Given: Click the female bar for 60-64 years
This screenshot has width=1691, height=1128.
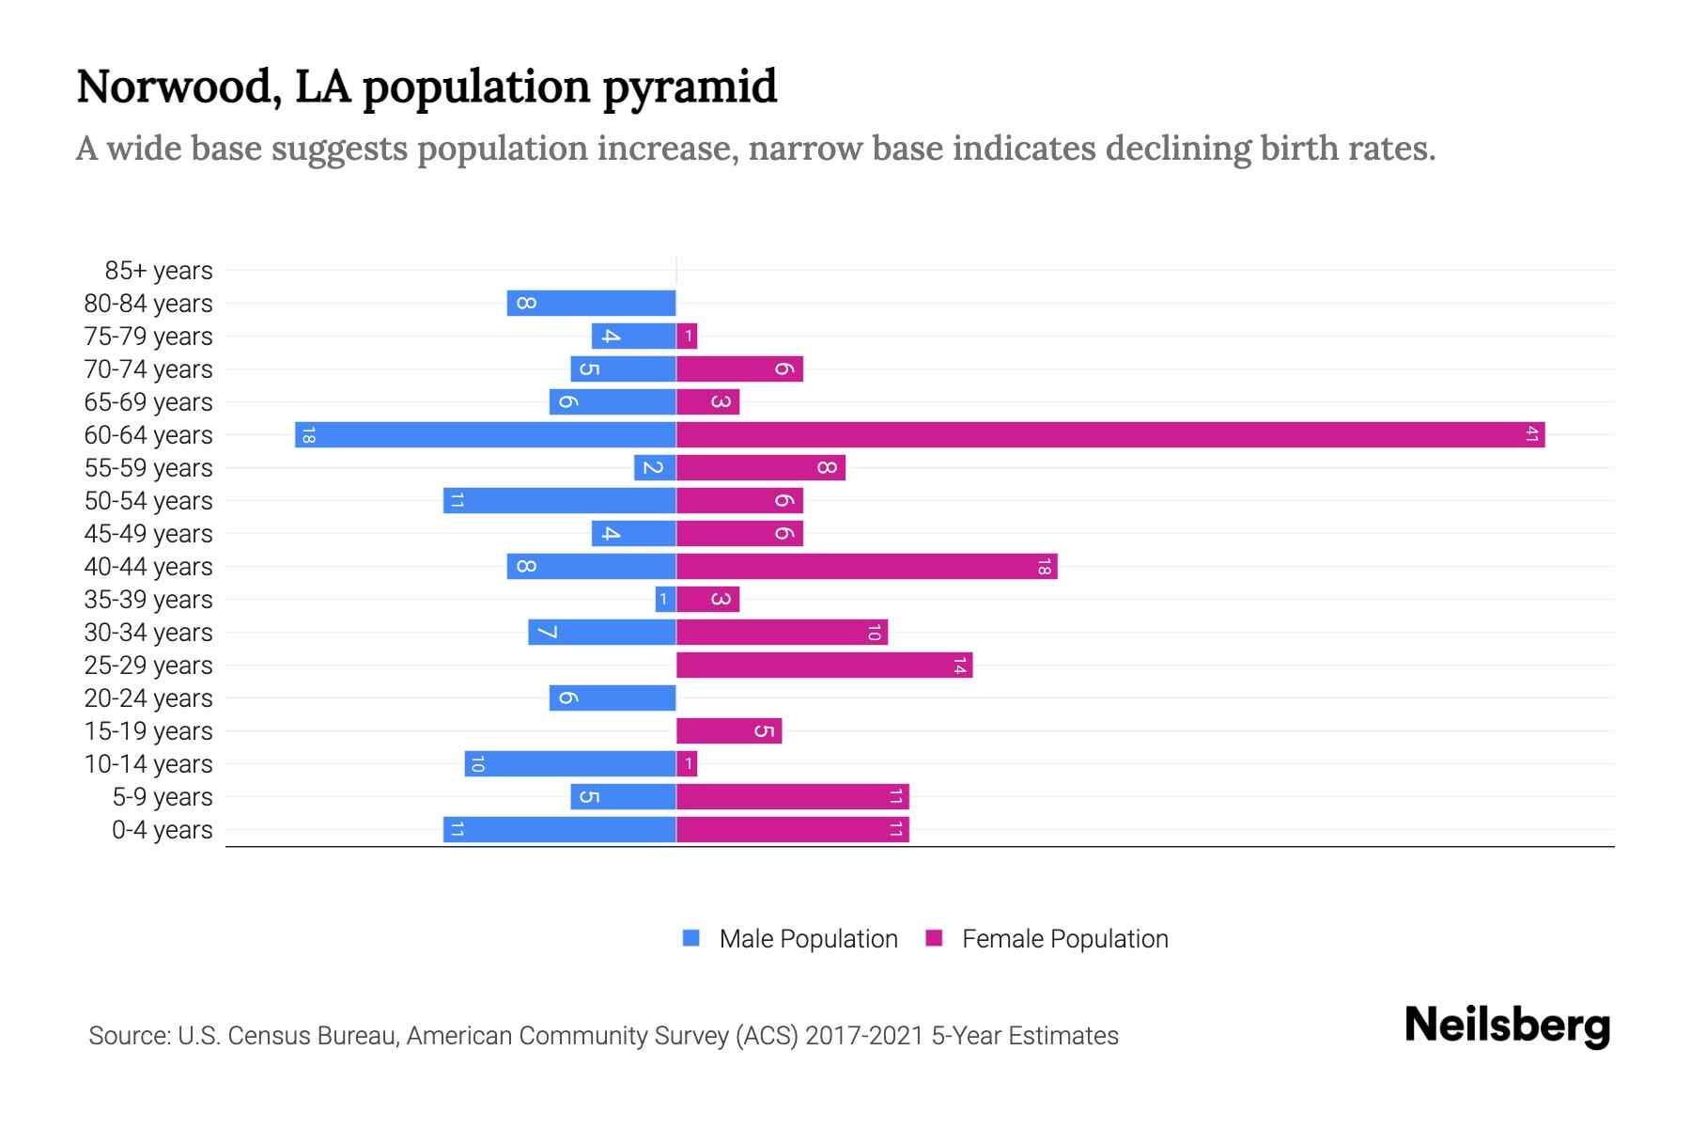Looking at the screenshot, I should click(1109, 435).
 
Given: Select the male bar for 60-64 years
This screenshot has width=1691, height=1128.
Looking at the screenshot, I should click(486, 435).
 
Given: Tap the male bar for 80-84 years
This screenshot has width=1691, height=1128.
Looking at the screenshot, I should click(592, 304).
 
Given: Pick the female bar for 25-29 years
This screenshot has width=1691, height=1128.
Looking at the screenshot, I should click(824, 666).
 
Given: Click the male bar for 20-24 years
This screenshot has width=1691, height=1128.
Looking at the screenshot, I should click(613, 698).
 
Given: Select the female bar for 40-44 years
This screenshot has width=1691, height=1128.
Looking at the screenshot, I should click(866, 567).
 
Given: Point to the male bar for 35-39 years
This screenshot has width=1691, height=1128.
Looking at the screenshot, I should click(665, 600).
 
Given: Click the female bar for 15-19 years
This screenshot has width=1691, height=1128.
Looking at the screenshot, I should click(729, 731).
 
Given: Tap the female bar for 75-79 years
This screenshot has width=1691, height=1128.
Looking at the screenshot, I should click(687, 337).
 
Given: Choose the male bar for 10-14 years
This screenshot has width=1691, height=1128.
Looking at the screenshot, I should click(570, 764).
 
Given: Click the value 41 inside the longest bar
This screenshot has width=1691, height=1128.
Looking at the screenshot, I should click(1532, 435).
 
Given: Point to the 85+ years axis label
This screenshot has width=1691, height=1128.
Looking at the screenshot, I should click(158, 271).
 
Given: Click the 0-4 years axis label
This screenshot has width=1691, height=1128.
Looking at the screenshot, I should click(162, 830).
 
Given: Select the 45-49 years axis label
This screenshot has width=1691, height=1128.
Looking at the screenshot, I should click(148, 534).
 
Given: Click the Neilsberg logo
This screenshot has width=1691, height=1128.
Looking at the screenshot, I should click(1507, 1026).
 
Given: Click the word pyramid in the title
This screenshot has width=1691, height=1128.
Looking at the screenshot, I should click(690, 87).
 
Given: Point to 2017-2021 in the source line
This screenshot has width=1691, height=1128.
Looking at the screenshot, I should click(863, 1036).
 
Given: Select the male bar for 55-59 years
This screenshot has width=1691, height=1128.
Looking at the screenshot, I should click(655, 468).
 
